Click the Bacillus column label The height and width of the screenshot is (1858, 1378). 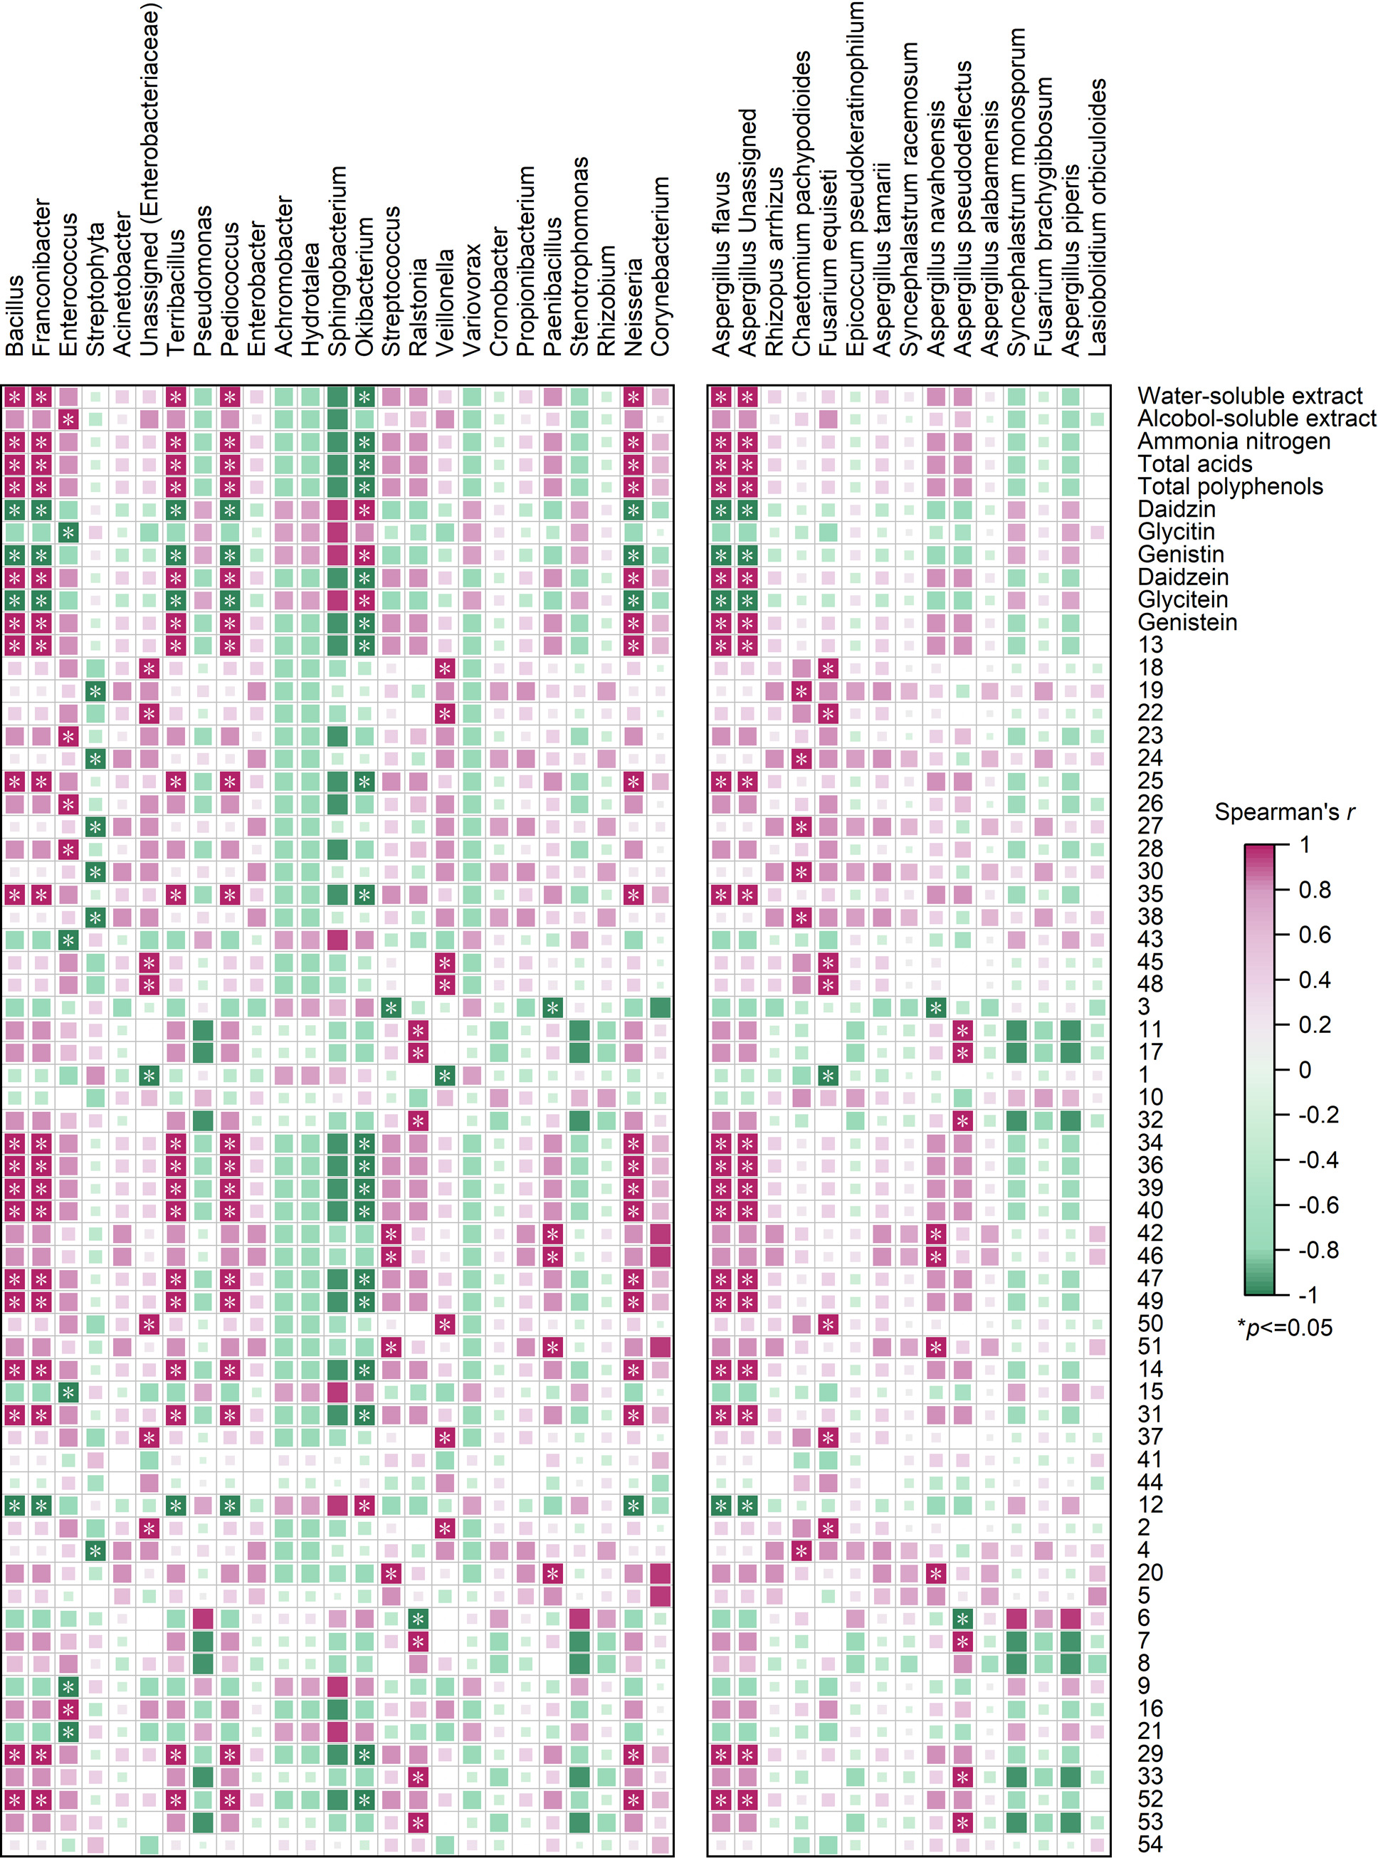[x=14, y=316]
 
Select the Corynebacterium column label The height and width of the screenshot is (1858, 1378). [x=661, y=266]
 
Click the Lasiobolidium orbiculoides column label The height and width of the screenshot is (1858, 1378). [x=1098, y=218]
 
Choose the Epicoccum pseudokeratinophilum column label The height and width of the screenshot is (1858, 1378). [x=856, y=179]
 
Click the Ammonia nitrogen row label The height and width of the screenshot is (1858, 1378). [x=1234, y=441]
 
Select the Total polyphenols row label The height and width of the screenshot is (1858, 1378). [x=1229, y=486]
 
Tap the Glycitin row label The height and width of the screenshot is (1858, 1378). [x=1176, y=532]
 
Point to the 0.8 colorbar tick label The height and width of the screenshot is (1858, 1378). [x=1315, y=891]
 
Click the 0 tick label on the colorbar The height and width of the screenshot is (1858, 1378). [x=1305, y=1069]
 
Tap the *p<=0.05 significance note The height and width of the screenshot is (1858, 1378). [x=1285, y=1328]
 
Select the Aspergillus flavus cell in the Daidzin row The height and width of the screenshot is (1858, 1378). [x=722, y=510]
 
